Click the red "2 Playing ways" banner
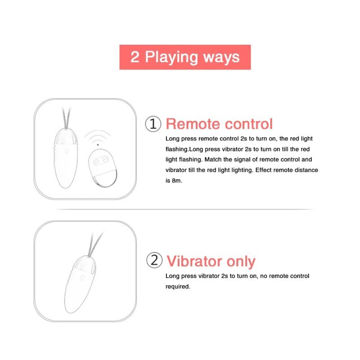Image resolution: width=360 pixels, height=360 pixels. pos(185,57)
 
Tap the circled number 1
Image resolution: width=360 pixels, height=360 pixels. pos(153,124)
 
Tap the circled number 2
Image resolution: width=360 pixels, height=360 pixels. pos(154,260)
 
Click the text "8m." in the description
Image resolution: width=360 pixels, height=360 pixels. pos(177,181)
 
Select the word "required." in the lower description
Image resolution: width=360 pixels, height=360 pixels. pos(178,287)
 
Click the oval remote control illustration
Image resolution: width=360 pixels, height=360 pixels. pos(103,168)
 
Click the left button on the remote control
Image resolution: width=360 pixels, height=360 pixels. pos(96,162)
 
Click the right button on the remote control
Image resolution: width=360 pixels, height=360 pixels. pos(105,159)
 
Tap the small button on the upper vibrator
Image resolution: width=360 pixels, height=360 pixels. pos(67,151)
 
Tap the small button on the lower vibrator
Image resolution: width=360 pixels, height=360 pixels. pos(82,278)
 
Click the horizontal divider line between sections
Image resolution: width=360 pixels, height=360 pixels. pos(185,209)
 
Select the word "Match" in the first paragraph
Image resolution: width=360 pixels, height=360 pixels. pos(212,160)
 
